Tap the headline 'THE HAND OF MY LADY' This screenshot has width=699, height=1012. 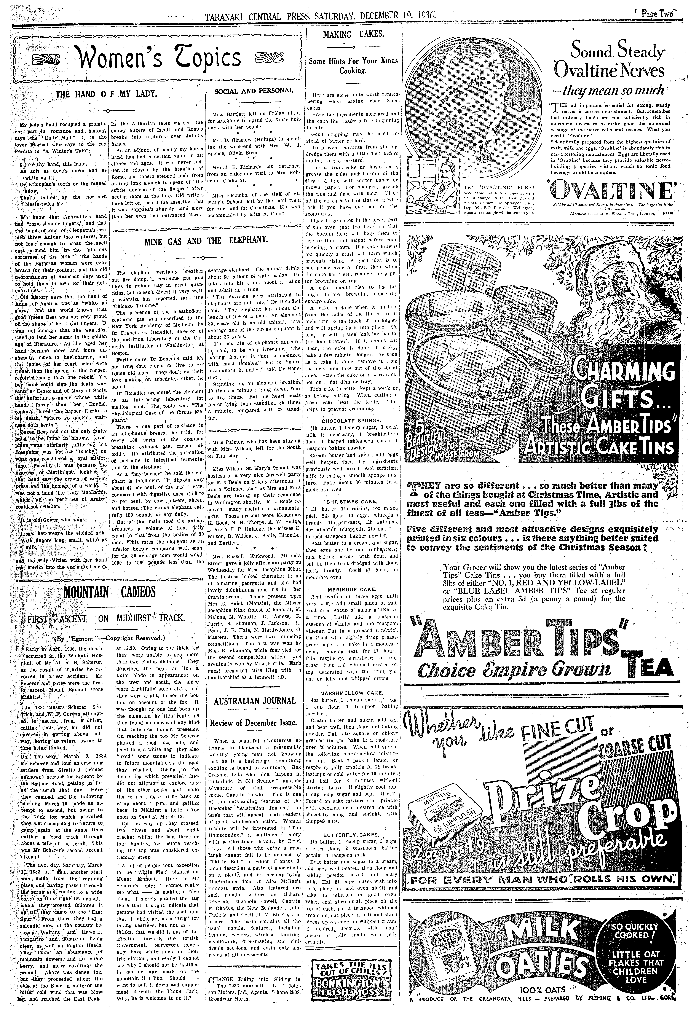107,93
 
